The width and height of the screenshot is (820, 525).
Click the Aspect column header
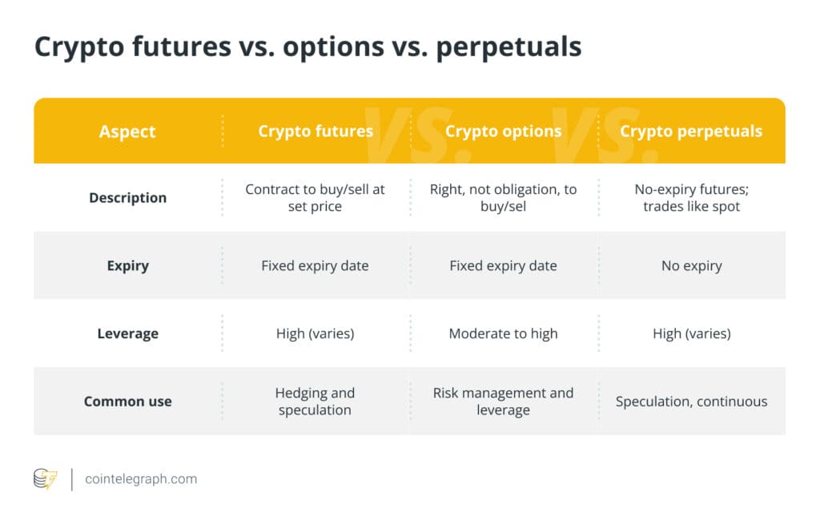[x=127, y=131]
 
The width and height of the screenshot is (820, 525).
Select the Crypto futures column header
[x=316, y=131]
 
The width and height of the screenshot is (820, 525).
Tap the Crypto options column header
[x=503, y=131]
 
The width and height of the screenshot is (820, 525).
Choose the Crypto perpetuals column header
[x=691, y=131]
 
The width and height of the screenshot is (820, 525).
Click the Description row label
[x=127, y=198]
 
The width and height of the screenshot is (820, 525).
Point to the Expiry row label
[x=127, y=266]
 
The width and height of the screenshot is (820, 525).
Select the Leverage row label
[x=127, y=333]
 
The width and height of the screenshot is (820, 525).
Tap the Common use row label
[x=127, y=402]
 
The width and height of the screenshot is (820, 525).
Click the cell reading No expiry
[x=691, y=266]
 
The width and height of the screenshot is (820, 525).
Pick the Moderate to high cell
[x=503, y=333]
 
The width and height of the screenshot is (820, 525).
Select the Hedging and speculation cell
[x=315, y=402]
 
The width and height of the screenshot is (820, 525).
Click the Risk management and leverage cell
[x=503, y=402]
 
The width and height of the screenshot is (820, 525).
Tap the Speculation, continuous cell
[x=691, y=402]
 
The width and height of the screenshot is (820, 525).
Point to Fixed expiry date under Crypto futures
[x=315, y=266]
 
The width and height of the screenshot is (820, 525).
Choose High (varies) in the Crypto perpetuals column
[x=691, y=333]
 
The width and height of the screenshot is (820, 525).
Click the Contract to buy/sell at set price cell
[x=315, y=198]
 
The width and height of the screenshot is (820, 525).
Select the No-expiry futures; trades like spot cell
[x=691, y=198]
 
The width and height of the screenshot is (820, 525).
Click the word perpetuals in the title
[x=508, y=47]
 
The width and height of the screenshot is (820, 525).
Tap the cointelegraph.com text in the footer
[x=141, y=479]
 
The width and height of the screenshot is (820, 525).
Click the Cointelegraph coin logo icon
[x=46, y=479]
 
